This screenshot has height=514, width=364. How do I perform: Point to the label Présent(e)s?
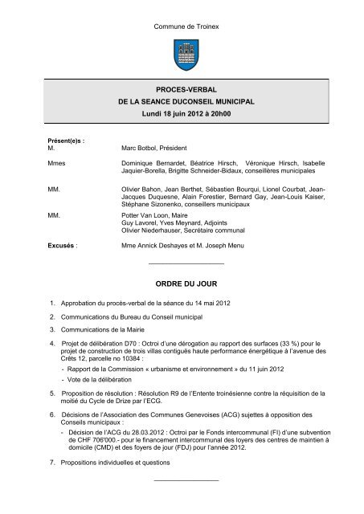click(67, 141)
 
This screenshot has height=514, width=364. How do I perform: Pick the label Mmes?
click(58, 164)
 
